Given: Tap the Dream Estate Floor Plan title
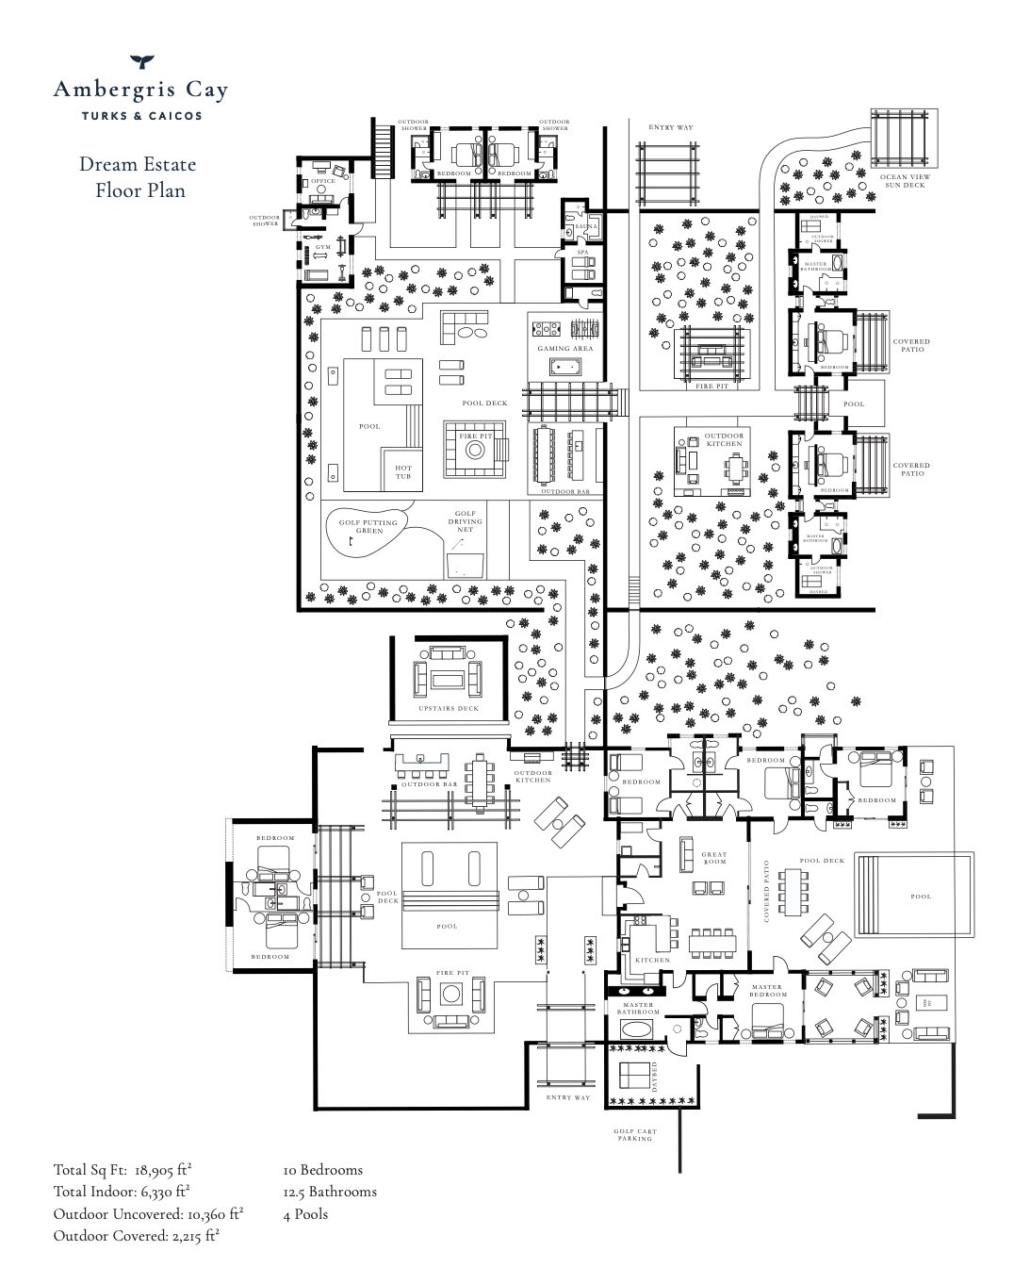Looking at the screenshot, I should [x=139, y=177].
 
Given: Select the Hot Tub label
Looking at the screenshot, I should [x=402, y=472].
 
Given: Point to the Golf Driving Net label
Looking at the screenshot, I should [x=465, y=521].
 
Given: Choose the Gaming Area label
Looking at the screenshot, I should [x=564, y=348].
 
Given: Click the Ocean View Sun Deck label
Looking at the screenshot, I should [x=902, y=181].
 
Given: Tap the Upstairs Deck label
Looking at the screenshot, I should [x=450, y=708].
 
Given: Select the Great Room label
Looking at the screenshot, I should [x=714, y=858].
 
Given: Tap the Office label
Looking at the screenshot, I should [x=323, y=181].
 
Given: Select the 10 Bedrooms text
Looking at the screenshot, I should [x=322, y=1170].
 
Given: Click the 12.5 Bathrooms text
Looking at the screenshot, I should [x=329, y=1192].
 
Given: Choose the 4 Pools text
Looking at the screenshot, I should [x=305, y=1213].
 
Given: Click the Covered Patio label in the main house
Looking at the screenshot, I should [x=768, y=890].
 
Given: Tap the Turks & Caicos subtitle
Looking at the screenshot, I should [x=140, y=116].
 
